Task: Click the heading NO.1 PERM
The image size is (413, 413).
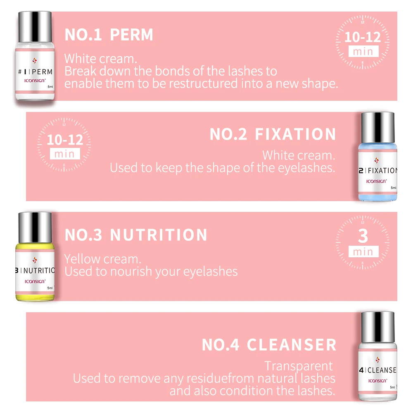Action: (x=109, y=35)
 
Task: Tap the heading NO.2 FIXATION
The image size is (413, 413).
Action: (x=273, y=135)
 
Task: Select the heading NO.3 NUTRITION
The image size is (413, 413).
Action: (x=136, y=235)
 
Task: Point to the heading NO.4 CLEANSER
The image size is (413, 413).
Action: (x=269, y=345)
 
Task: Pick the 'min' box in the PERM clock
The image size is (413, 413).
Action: (x=363, y=52)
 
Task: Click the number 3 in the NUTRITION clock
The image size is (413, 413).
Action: (x=363, y=236)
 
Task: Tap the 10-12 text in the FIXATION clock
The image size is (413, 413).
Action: (x=65, y=140)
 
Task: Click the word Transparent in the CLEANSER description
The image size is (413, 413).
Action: (x=299, y=366)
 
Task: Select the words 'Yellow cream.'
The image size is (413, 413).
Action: (x=103, y=259)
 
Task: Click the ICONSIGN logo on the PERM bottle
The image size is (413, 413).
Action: (x=35, y=81)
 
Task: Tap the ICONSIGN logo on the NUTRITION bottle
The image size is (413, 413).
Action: (x=35, y=281)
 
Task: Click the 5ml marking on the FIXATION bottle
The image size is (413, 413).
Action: (x=393, y=188)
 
